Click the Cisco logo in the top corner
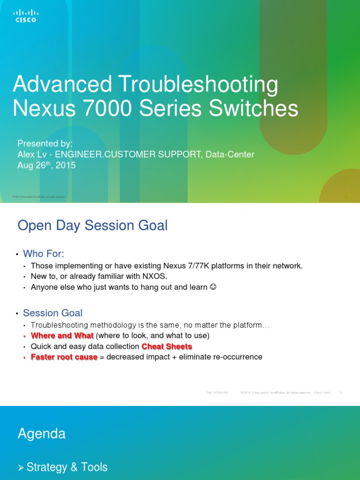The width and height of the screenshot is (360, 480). pyautogui.click(x=26, y=16)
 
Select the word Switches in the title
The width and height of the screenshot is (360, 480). pyautogui.click(x=254, y=109)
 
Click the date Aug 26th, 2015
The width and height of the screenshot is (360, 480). pyautogui.click(x=46, y=165)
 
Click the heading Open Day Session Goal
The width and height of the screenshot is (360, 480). pyautogui.click(x=92, y=225)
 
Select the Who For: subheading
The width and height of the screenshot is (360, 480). pyautogui.click(x=44, y=254)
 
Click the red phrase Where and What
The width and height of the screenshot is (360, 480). pyautogui.click(x=62, y=336)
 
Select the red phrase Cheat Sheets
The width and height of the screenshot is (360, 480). pyautogui.click(x=167, y=346)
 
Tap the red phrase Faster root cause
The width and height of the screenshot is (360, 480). pyautogui.click(x=64, y=357)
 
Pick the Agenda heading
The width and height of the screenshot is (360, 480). pyautogui.click(x=41, y=434)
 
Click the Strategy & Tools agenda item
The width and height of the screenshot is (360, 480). pyautogui.click(x=67, y=467)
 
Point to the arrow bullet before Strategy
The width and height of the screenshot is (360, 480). pyautogui.click(x=21, y=467)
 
